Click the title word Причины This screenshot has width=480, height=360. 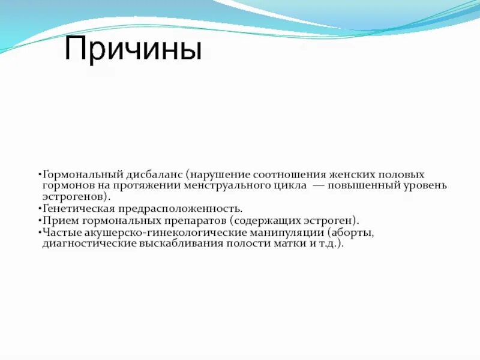(x=133, y=49)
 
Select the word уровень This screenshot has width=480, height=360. (x=425, y=185)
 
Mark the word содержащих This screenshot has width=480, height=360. (x=268, y=220)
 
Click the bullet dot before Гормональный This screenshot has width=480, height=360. (x=38, y=174)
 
